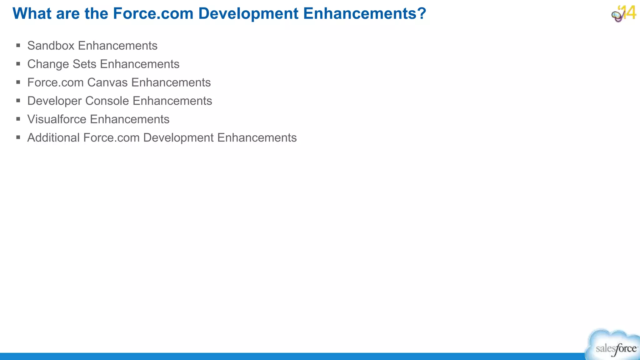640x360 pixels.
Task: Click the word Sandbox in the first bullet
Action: pyautogui.click(x=51, y=46)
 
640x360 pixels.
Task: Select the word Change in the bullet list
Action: pyautogui.click(x=48, y=64)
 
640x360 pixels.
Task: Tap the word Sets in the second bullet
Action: pyautogui.click(x=84, y=64)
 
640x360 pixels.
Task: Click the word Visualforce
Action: pyautogui.click(x=57, y=119)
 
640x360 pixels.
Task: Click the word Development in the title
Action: pyautogui.click(x=248, y=13)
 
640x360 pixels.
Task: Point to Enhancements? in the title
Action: pyautogui.click(x=364, y=13)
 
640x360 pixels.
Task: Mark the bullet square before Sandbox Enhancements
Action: pyautogui.click(x=18, y=46)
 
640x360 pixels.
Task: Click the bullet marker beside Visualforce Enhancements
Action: pyautogui.click(x=18, y=119)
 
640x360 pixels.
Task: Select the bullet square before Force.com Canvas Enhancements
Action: pyautogui.click(x=18, y=82)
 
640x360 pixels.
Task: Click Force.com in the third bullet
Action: pyautogui.click(x=55, y=82)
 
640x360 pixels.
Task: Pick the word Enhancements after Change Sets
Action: pyautogui.click(x=140, y=64)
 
